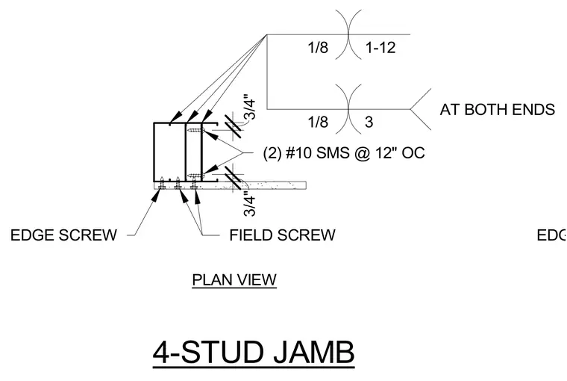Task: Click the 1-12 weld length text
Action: [380, 48]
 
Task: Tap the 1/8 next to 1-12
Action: [318, 48]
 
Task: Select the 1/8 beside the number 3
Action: [318, 122]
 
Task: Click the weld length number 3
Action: [369, 122]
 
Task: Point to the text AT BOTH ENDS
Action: [497, 109]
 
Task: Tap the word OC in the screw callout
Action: [413, 152]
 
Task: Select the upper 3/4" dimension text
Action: [250, 107]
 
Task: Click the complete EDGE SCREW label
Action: [63, 235]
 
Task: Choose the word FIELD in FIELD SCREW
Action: [251, 235]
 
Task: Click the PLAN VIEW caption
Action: [234, 280]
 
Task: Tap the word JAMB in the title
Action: [314, 352]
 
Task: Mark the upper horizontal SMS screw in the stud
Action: [196, 130]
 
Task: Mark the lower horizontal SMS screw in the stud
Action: [196, 176]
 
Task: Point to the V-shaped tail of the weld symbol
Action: [420, 108]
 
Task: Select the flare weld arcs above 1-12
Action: [348, 34]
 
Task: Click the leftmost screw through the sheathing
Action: [163, 183]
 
